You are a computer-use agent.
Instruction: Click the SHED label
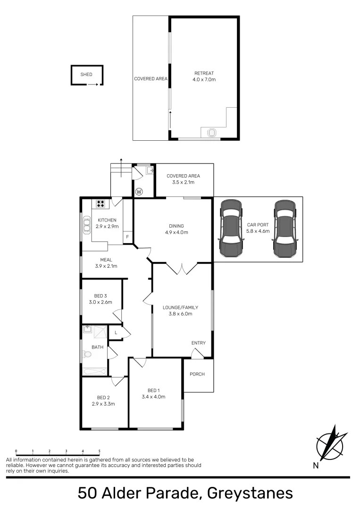point(86,75)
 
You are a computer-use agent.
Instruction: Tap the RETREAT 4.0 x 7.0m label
point(204,76)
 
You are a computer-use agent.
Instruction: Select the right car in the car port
point(285,228)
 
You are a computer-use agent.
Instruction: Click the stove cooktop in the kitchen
point(100,204)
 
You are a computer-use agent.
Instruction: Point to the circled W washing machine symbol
point(139,192)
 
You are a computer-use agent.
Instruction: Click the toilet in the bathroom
point(87,354)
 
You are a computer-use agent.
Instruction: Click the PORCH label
point(197,374)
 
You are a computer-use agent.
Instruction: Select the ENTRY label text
point(198,343)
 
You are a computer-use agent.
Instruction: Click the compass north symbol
point(331,444)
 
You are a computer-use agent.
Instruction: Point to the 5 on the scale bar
point(99,451)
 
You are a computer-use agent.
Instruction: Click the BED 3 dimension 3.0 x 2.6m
point(100,302)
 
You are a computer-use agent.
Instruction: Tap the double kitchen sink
point(87,225)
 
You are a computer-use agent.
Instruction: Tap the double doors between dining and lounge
point(182,269)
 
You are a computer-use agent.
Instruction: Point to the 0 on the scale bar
point(16,451)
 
